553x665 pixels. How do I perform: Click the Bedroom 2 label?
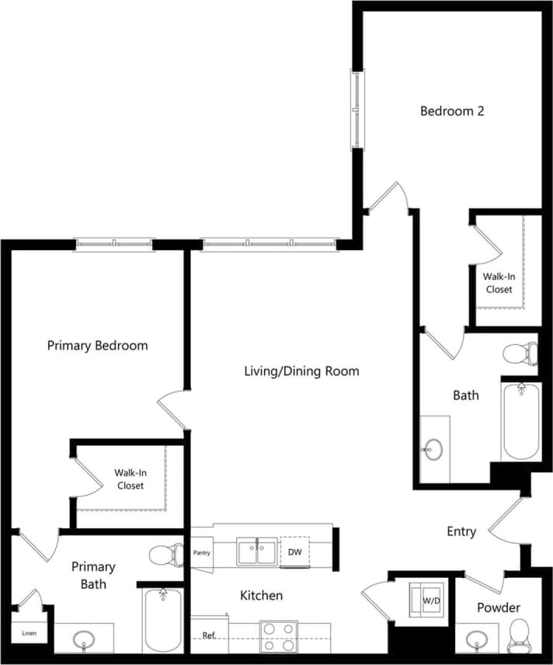click(452, 111)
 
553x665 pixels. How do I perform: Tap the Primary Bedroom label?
click(97, 345)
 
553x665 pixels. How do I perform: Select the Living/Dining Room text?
click(301, 371)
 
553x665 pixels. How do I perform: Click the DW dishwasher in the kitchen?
click(294, 552)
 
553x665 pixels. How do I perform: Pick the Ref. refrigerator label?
click(208, 635)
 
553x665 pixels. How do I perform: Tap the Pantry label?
click(201, 552)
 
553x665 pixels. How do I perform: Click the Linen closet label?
click(28, 633)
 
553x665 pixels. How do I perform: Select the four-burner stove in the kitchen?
click(279, 636)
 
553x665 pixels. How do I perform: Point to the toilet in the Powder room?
click(518, 636)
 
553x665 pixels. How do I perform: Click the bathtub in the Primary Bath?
click(163, 619)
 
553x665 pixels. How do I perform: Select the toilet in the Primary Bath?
click(165, 555)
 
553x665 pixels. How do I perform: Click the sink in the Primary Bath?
click(84, 640)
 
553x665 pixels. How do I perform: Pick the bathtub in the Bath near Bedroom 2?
click(520, 421)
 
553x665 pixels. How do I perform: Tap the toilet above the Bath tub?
click(520, 354)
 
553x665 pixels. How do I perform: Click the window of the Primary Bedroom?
click(114, 245)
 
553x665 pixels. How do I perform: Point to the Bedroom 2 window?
click(356, 109)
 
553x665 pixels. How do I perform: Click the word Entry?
click(461, 531)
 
